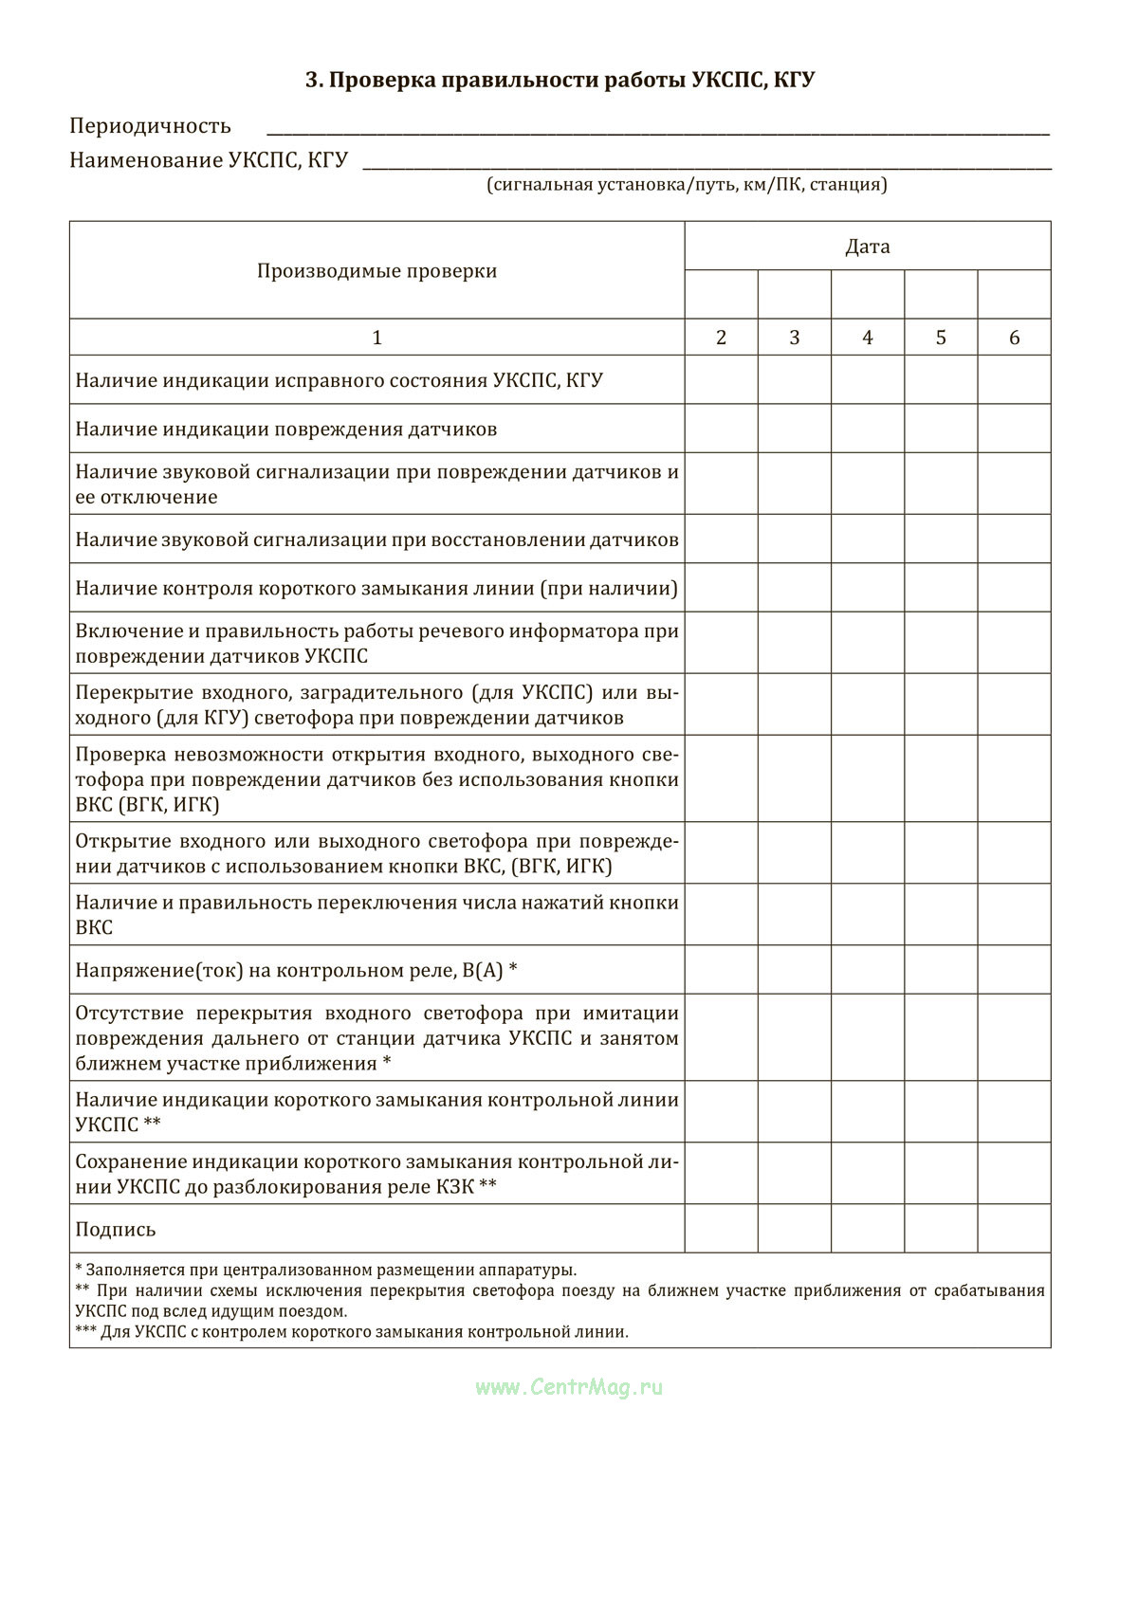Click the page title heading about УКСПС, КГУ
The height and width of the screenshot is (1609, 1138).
coord(560,81)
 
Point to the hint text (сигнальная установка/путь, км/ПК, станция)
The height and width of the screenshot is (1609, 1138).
coord(688,185)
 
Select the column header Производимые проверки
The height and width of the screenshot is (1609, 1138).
coord(376,271)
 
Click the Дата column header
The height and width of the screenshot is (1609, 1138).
coord(868,247)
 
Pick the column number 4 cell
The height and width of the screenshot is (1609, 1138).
coord(868,338)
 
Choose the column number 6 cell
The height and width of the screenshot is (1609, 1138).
coord(1014,338)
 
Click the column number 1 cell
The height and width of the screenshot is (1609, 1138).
coord(376,338)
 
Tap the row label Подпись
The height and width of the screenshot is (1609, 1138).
coord(116,1230)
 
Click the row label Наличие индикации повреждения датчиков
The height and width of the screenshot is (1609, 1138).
coord(286,430)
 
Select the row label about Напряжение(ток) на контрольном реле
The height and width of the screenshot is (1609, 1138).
coord(296,970)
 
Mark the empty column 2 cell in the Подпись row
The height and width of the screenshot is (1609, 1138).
coord(721,1229)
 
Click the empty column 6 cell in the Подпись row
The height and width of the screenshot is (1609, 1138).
coord(1014,1229)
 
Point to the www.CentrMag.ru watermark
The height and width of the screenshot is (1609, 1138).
coord(569,1387)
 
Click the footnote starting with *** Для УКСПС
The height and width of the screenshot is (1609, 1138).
coord(351,1332)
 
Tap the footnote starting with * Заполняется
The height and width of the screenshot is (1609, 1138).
coord(325,1271)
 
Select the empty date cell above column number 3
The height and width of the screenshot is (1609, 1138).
coord(795,294)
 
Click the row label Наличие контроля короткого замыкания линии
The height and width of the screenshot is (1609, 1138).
coord(376,589)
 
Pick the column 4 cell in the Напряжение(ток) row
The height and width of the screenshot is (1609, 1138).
coord(868,970)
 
